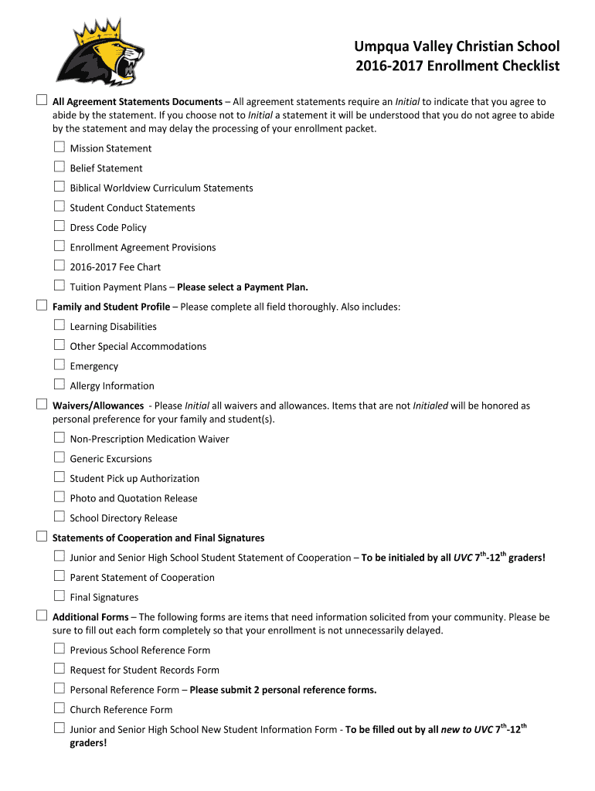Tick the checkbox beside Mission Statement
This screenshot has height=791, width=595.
[x=59, y=147]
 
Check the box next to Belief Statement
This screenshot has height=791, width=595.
[x=59, y=167]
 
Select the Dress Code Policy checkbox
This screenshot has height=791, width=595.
[x=59, y=226]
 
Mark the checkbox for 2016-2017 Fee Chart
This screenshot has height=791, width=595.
[x=59, y=266]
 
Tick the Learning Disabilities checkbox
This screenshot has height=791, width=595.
[x=59, y=325]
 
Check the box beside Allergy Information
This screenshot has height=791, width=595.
[x=59, y=385]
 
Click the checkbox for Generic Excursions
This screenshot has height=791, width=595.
[x=59, y=457]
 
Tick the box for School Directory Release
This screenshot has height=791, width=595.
[x=59, y=517]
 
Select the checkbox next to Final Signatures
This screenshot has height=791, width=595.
[x=59, y=596]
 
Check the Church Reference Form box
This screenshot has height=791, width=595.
[x=59, y=708]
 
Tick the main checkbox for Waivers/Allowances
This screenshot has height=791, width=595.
[x=42, y=404]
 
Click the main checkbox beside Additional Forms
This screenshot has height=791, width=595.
[x=42, y=616]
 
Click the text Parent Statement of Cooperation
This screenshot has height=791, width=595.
[x=142, y=578]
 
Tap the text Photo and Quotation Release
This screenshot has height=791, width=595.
[x=134, y=498]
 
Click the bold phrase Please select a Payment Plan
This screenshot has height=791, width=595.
[x=243, y=287]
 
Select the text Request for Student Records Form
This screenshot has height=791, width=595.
[x=144, y=670]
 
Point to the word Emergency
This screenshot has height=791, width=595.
[x=94, y=366]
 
